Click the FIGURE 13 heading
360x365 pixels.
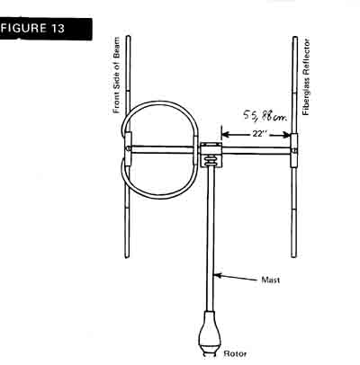[x=33, y=29]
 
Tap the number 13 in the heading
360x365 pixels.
[x=58, y=29]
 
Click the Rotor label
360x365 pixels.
[x=235, y=353]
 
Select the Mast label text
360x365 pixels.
[x=271, y=280]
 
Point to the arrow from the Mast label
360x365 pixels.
[x=236, y=277]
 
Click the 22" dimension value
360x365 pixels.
[x=257, y=134]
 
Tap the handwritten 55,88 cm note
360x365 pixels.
[x=264, y=115]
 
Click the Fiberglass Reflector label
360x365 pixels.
[x=306, y=77]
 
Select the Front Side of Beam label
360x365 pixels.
[x=116, y=76]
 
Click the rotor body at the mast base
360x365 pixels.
[x=210, y=331]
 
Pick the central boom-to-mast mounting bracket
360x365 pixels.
[x=211, y=155]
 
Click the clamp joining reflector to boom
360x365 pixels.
[x=294, y=150]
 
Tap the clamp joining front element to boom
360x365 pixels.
[x=128, y=149]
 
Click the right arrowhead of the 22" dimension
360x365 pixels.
[x=286, y=136]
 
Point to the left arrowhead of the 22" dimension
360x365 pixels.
[x=226, y=135]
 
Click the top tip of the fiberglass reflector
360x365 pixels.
[x=295, y=37]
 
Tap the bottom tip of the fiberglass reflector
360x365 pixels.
[x=294, y=256]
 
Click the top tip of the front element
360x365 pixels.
[x=128, y=36]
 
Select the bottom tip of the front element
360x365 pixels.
[x=127, y=257]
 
